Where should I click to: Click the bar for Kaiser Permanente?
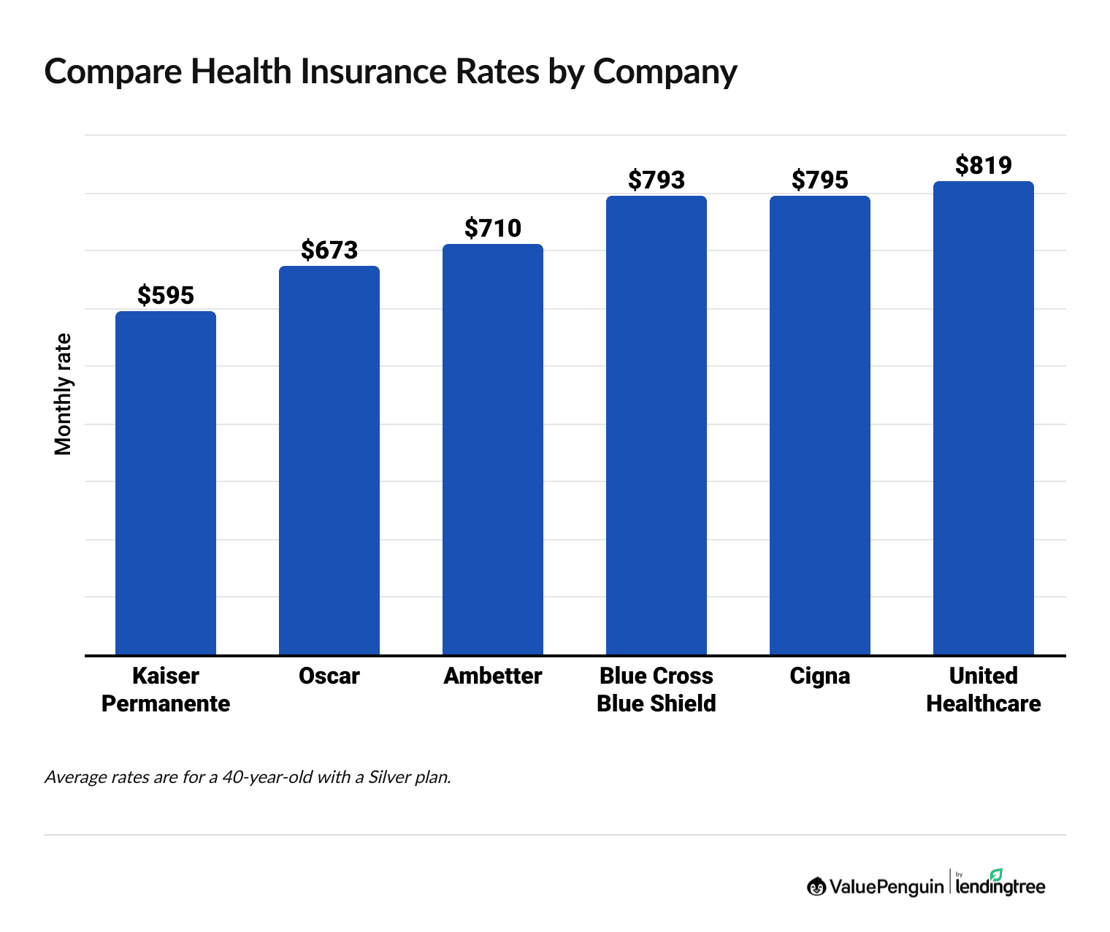coord(166,483)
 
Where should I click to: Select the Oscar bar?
coord(329,460)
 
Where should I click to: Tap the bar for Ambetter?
coord(493,449)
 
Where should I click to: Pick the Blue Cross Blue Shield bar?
coord(657,425)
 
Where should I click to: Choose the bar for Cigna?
coord(820,425)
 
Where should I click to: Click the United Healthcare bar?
coord(984,418)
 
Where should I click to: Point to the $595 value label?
coord(166,295)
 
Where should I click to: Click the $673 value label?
coord(329,250)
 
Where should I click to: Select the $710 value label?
coord(493,228)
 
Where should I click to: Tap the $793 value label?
coord(657,180)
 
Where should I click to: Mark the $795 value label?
coord(820,180)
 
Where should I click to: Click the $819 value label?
coord(984,165)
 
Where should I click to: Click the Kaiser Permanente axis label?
coord(166,690)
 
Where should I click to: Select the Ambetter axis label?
coord(493,676)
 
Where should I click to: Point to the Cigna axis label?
coord(820,676)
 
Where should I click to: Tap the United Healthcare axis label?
coord(984,690)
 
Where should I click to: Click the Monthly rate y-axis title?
coord(64,394)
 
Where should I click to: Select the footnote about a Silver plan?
coord(248,776)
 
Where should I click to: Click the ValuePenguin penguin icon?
coord(816,887)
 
